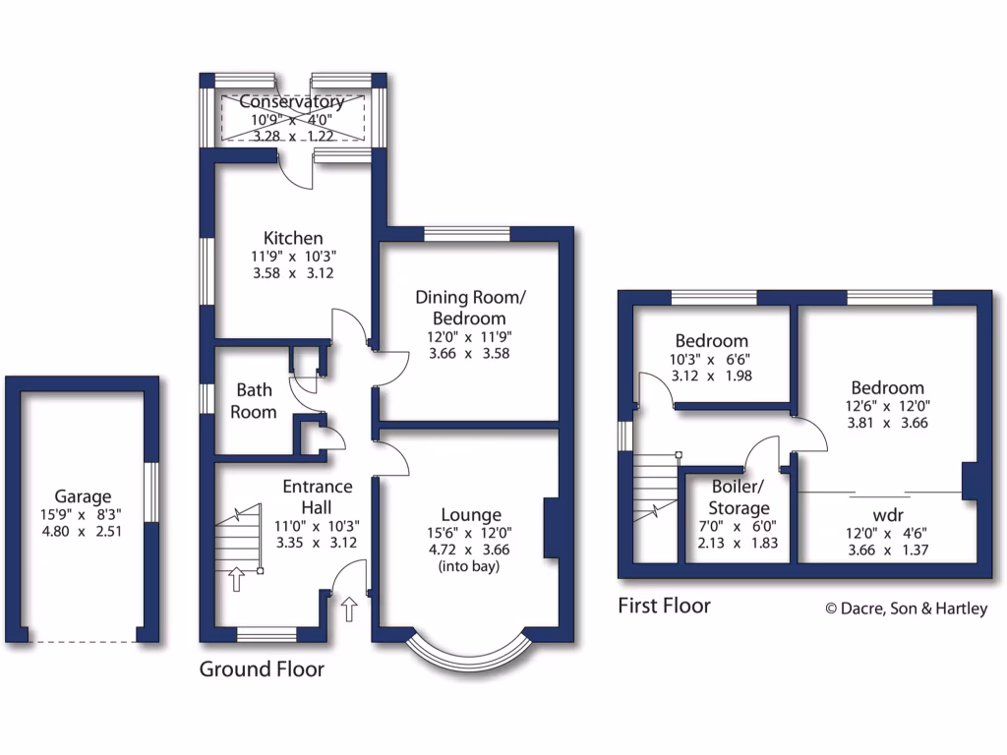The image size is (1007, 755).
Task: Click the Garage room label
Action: pos(83,496)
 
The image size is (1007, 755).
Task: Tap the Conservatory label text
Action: pos(292,102)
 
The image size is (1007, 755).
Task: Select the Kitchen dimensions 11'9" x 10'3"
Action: pos(293,257)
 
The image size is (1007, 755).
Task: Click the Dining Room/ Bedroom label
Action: pos(460,308)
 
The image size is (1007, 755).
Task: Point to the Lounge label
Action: pos(471,514)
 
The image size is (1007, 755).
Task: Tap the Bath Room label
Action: pos(253,402)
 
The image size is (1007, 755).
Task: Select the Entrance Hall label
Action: pos(317,495)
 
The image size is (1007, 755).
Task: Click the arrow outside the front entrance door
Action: pos(349,610)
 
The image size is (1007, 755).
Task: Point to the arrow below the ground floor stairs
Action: pos(236,579)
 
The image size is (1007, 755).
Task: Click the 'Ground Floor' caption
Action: pos(262,669)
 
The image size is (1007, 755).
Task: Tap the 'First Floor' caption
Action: pos(664,606)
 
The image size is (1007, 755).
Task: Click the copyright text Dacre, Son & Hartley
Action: pos(906,609)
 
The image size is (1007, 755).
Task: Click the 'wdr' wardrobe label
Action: pos(888,514)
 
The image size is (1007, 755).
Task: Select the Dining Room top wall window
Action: pos(467,233)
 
